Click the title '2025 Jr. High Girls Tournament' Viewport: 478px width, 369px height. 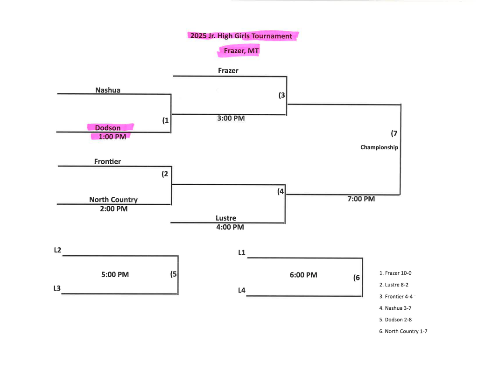(240, 36)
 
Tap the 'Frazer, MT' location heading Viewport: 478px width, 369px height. (241, 51)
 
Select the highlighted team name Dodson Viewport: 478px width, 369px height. (108, 128)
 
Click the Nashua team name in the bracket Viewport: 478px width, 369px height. (108, 90)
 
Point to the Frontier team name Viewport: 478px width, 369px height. (107, 161)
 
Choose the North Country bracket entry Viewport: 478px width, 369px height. (113, 200)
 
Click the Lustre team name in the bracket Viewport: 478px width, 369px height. (226, 218)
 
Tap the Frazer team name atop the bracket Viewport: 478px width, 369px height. (228, 71)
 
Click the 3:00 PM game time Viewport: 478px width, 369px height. (231, 118)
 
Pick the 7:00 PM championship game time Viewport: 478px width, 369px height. (361, 199)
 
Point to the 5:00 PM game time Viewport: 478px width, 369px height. (115, 275)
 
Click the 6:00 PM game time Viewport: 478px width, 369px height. (303, 275)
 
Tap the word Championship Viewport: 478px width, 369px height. (379, 147)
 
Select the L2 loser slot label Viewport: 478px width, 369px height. (57, 250)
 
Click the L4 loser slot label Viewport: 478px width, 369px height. (242, 291)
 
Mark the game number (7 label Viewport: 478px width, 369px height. (394, 133)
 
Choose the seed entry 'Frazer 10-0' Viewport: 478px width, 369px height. (395, 273)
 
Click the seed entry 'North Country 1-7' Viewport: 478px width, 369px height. (403, 331)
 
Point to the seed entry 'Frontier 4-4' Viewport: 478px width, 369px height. (396, 296)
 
